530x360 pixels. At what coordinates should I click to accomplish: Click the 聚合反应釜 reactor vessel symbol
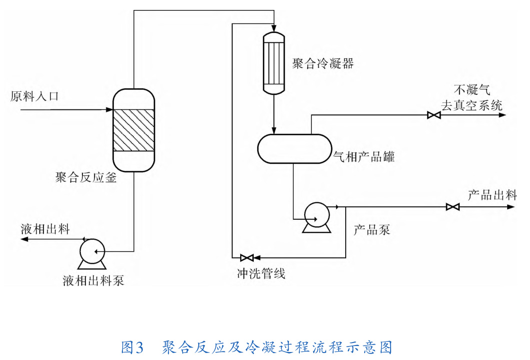tap(133, 130)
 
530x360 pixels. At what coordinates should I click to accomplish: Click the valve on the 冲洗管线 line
tap(247, 258)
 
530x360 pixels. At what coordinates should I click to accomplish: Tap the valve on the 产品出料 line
tap(453, 207)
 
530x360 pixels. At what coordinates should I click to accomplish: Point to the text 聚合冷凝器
tap(323, 64)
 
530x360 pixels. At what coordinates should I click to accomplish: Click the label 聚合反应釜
tap(86, 177)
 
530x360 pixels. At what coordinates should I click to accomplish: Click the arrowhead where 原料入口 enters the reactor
tap(109, 109)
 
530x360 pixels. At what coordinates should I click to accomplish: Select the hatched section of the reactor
tap(133, 130)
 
